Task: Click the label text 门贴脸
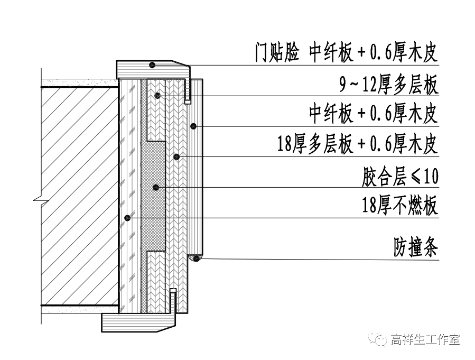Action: point(277,54)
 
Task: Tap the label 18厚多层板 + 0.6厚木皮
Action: point(357,144)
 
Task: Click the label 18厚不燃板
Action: point(400,205)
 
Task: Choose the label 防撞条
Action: point(415,246)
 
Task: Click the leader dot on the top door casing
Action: point(152,65)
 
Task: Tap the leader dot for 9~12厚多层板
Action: point(157,95)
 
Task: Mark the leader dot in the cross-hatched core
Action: point(155,187)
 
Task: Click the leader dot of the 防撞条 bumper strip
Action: point(196,258)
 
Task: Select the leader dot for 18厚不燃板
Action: point(126,218)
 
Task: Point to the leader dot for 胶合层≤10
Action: point(176,156)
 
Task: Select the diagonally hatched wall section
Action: point(79,196)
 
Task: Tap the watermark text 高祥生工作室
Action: point(425,339)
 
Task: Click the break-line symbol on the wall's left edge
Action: point(37,200)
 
